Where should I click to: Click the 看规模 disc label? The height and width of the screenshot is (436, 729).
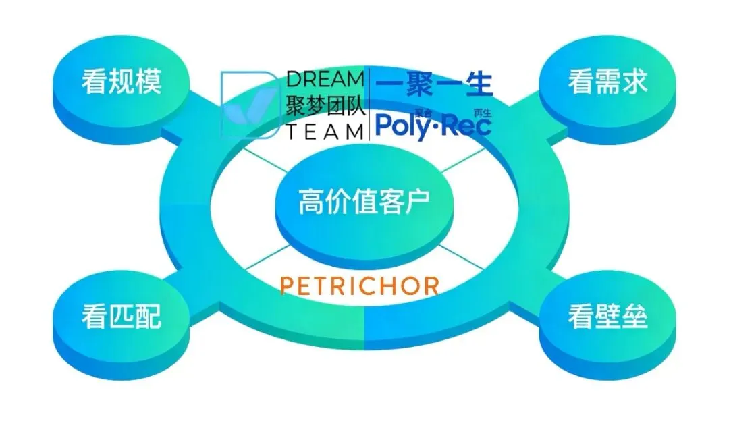point(122,82)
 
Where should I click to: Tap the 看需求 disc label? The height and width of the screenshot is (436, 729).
point(607,82)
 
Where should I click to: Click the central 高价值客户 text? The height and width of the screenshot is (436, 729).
point(364,202)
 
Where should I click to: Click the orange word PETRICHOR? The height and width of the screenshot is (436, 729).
point(360,285)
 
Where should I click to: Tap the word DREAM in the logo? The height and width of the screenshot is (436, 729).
point(325,79)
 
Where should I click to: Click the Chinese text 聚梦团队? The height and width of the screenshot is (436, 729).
point(325,105)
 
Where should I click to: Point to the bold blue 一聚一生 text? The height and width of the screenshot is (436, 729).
point(434,85)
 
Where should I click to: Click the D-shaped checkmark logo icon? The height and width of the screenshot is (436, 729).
point(248,105)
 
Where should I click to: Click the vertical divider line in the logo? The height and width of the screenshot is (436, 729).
point(369,105)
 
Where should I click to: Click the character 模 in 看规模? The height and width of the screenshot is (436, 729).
point(148,82)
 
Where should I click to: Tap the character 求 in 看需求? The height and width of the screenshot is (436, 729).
point(634,82)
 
